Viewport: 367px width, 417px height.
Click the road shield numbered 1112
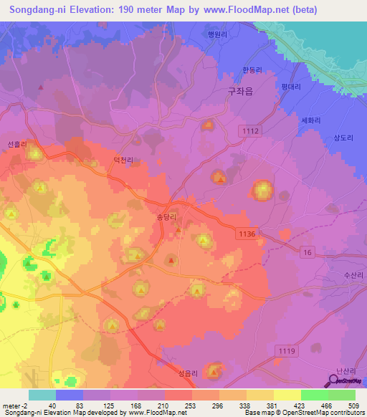point(250,130)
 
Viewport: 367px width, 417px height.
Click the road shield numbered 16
point(307,253)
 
